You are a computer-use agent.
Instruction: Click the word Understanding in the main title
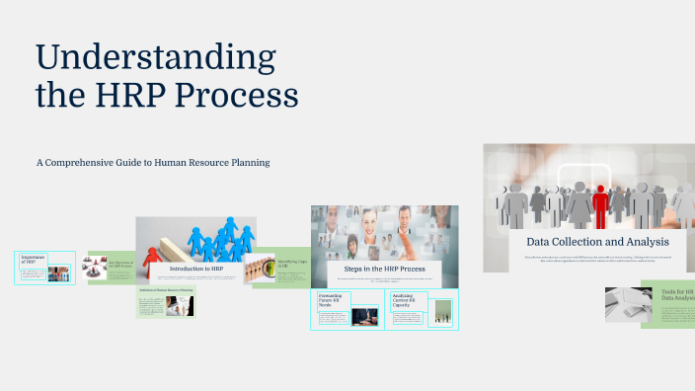[156, 57]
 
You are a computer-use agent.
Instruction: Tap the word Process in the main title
[243, 96]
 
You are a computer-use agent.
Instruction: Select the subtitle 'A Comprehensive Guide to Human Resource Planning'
[153, 161]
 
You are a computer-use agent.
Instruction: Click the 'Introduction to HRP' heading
[195, 269]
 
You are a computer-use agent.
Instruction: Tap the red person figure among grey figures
[600, 203]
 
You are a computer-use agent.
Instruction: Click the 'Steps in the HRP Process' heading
[384, 269]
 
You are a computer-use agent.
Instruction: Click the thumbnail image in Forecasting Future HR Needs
[364, 316]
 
